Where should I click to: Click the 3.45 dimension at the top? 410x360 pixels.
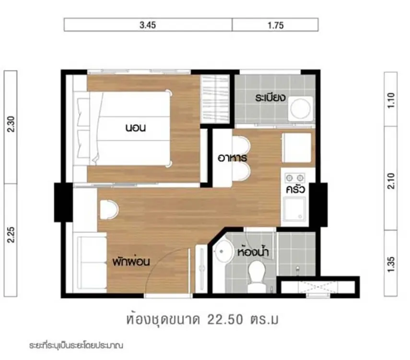[148, 25]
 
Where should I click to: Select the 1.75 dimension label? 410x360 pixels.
[275, 25]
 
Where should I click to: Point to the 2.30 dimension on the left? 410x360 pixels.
[11, 124]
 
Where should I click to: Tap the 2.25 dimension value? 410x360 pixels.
[11, 235]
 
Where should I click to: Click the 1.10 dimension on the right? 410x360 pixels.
[391, 100]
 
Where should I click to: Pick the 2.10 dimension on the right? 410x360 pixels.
[391, 181]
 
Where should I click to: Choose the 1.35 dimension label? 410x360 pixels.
[391, 264]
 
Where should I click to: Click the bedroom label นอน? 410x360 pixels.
[135, 128]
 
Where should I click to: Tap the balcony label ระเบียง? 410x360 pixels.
[270, 97]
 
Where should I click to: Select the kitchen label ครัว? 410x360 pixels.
[295, 189]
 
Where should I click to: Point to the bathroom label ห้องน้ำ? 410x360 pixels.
[253, 252]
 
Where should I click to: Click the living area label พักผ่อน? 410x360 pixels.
[131, 261]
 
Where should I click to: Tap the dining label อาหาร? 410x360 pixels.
[232, 158]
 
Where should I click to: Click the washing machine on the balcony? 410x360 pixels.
[301, 108]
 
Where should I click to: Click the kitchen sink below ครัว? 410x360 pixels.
[294, 209]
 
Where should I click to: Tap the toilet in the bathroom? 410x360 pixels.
[257, 276]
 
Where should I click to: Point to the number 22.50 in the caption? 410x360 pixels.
[225, 320]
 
